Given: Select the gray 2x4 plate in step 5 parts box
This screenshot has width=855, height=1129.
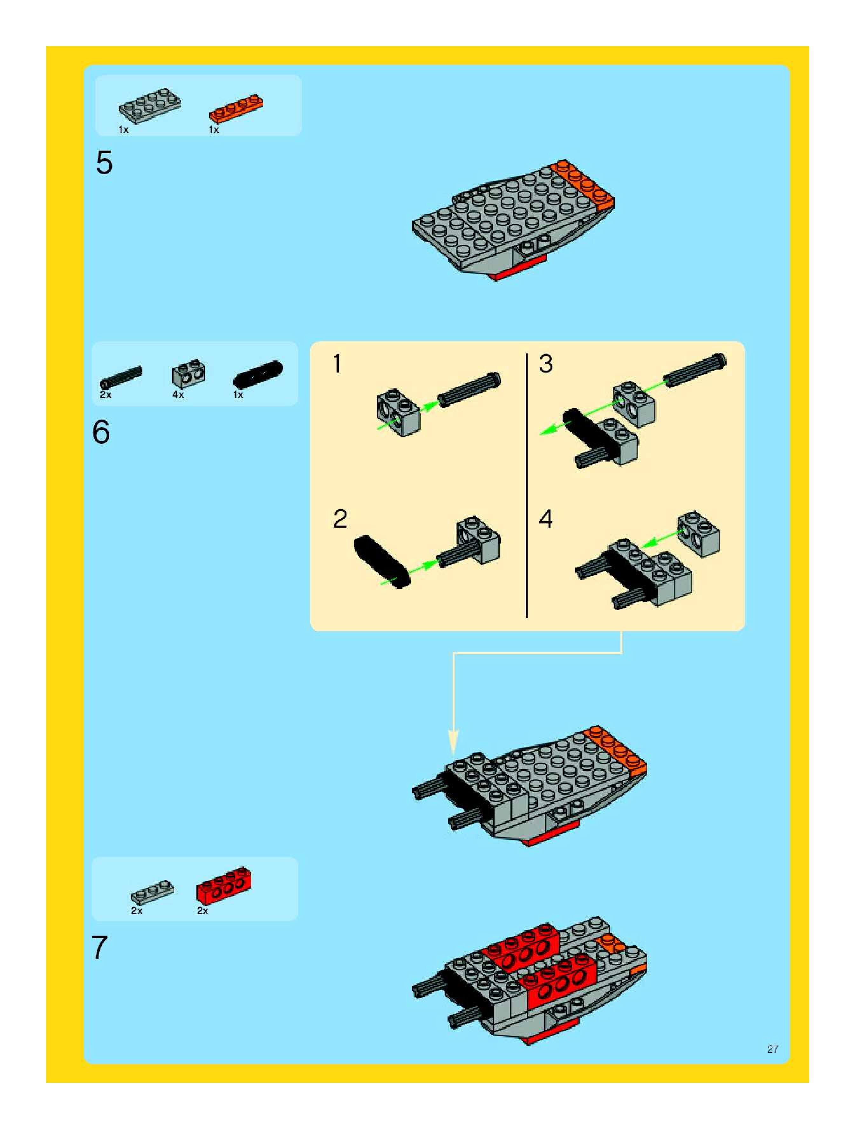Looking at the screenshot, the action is click(x=150, y=105).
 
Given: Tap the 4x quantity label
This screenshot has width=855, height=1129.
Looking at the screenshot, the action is click(x=178, y=394).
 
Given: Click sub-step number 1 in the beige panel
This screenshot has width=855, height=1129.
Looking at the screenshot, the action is click(x=337, y=364).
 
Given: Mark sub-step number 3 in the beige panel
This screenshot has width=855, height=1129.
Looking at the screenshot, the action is click(x=546, y=364).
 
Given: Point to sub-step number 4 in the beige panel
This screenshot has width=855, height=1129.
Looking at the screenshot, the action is click(x=546, y=519).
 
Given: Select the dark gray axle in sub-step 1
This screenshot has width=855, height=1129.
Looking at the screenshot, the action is click(x=469, y=389).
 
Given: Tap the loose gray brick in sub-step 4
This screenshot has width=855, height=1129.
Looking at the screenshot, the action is click(x=698, y=534).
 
